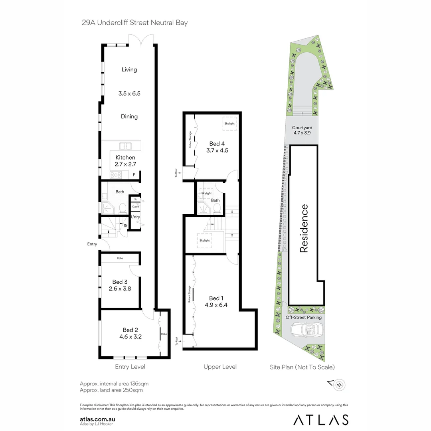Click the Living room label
pos(129,69)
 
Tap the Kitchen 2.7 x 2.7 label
pos(125,161)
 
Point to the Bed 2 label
pos(130,333)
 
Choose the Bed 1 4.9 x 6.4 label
pos(216,301)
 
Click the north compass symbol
pos(339,385)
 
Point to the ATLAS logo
pos(321,420)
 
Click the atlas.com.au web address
pos(98,419)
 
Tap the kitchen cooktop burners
pos(116,174)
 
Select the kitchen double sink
pos(125,146)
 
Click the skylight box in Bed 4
pos(229,123)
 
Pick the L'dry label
pos(136,217)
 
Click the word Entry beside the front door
pos(93,244)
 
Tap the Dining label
pos(129,117)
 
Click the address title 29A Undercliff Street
pos(134,22)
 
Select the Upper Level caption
pos(220,367)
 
